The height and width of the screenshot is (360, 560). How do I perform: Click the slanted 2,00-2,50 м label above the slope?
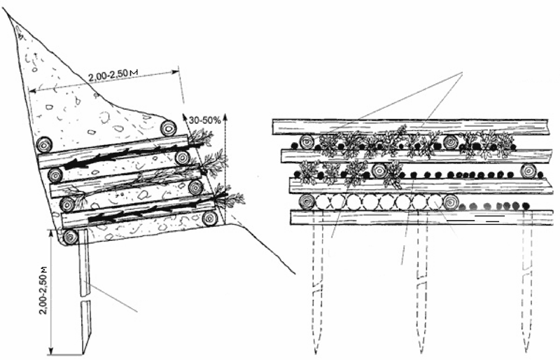(x=113, y=75)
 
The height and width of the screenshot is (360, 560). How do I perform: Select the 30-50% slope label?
(x=205, y=120)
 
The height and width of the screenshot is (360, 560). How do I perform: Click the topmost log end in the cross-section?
(x=168, y=128)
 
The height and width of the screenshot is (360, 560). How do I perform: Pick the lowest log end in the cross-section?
(x=71, y=237)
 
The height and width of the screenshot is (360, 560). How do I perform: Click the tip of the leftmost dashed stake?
(x=316, y=352)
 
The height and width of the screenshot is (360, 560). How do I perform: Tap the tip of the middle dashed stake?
(x=422, y=352)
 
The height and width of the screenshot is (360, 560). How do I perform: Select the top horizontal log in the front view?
(x=411, y=127)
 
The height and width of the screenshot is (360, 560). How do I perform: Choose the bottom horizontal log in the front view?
(x=421, y=217)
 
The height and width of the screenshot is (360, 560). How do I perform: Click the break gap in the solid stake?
(x=85, y=298)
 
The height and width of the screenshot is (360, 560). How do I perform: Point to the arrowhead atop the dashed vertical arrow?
(x=225, y=117)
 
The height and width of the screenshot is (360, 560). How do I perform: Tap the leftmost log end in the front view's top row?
(x=307, y=142)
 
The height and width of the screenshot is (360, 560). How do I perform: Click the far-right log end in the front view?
(x=528, y=171)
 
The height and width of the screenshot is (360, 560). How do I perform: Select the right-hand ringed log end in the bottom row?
(x=451, y=202)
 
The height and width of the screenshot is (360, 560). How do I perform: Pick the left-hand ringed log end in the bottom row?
(x=307, y=202)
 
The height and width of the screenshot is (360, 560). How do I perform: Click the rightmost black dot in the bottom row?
(x=525, y=206)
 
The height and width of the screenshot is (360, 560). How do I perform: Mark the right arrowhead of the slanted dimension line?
(x=176, y=71)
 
